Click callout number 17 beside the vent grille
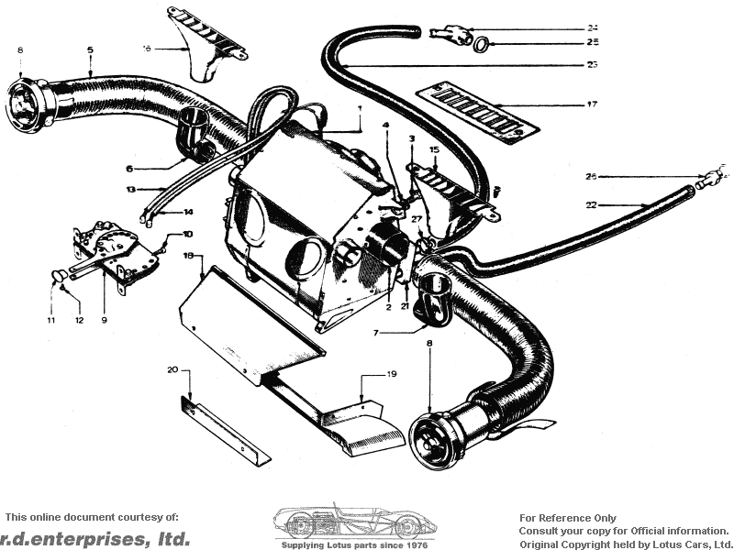[x=592, y=104]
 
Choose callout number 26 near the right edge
[x=591, y=176]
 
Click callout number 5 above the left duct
[x=90, y=49]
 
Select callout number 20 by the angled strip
[x=171, y=370]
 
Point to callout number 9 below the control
[x=104, y=320]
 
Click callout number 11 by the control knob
[x=51, y=320]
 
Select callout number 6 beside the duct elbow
[x=129, y=169]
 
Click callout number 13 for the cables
[x=131, y=190]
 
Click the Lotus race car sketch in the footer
[x=354, y=523]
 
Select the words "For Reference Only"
[x=568, y=518]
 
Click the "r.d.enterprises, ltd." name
[x=95, y=538]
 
